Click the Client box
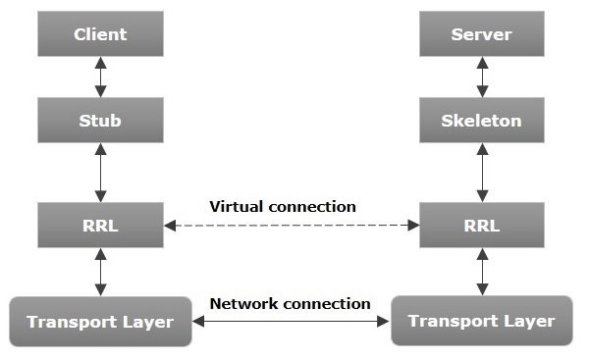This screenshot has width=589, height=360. click(100, 35)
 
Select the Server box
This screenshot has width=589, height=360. click(481, 35)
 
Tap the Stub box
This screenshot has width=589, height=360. click(100, 121)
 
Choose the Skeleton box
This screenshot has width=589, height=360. click(481, 121)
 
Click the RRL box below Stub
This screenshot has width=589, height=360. click(100, 225)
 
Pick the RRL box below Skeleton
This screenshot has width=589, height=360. click(481, 225)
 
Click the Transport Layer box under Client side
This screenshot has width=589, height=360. click(100, 321)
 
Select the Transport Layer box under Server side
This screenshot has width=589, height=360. click(481, 321)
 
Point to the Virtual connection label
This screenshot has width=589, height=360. click(283, 207)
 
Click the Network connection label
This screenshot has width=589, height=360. click(291, 303)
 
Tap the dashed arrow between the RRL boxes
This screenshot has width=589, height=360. click(291, 226)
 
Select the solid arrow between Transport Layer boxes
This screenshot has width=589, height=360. click(291, 321)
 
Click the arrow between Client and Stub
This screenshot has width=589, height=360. click(100, 77)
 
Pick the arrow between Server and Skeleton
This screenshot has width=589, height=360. click(481, 77)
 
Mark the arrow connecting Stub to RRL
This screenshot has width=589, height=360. click(100, 173)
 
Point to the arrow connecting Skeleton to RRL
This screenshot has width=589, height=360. click(481, 173)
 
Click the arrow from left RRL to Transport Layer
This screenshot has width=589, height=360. click(100, 272)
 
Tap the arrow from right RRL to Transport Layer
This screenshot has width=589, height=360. click(481, 272)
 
